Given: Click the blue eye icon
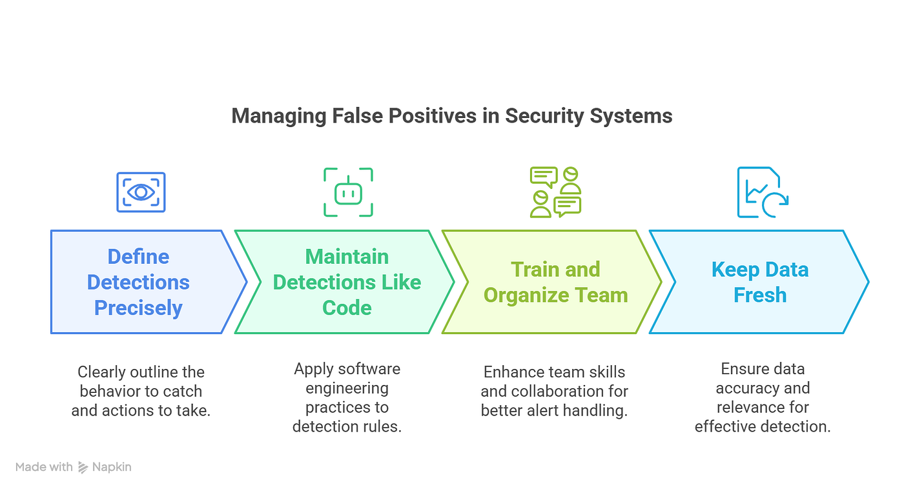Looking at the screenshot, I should click(141, 192).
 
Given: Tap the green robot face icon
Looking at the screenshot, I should click(348, 192).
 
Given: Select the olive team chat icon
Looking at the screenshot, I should click(555, 192).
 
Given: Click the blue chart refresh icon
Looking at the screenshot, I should click(763, 192).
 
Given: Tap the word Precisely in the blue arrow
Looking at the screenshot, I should click(138, 308).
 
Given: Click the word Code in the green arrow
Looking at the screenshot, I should click(347, 308).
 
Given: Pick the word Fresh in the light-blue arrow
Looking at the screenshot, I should click(760, 295).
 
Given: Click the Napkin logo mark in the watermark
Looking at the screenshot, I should click(83, 467).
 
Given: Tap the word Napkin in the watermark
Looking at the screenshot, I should click(112, 467).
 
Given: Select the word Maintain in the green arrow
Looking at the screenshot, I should click(347, 257).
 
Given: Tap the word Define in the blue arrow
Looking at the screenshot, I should click(138, 257).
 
